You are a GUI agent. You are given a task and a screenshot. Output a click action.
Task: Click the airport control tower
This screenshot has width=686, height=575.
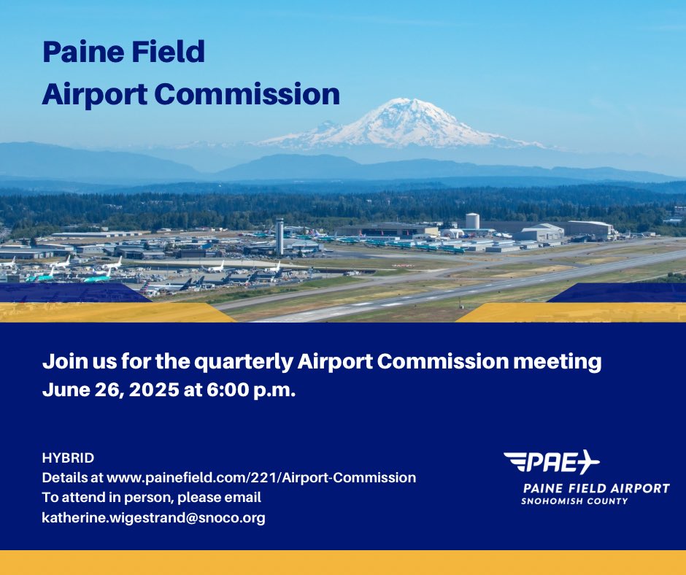click(x=279, y=235)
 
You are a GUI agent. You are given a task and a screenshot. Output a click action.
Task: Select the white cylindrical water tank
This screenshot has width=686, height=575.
click(x=472, y=220)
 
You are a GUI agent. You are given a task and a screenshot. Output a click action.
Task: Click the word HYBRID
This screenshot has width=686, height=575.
click(x=68, y=458)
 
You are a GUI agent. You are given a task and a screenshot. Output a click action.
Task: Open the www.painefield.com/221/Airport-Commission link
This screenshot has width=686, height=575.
click(x=261, y=478)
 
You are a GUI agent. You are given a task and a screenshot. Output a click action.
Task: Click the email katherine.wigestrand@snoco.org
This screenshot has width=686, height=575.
click(x=153, y=517)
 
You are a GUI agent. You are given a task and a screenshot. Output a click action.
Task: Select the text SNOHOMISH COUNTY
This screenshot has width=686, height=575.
click(x=574, y=501)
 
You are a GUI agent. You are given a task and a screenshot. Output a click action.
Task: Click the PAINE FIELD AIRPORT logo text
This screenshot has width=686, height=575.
click(x=596, y=488)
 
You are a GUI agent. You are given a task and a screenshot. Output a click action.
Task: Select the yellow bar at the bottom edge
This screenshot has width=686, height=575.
click(x=343, y=563)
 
